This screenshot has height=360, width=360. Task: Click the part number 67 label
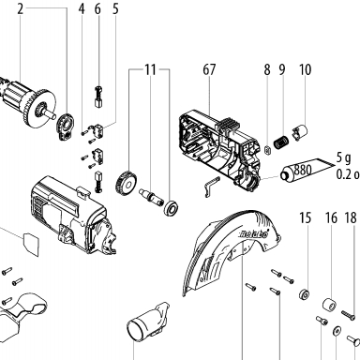click(209, 69)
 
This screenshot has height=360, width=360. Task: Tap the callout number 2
click(21, 9)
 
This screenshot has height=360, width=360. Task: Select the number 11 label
click(150, 69)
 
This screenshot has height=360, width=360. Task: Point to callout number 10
click(305, 69)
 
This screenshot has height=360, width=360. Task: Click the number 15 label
click(305, 217)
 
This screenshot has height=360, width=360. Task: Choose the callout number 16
click(331, 217)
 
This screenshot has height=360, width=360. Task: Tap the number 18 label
click(351, 217)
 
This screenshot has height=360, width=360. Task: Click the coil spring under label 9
click(281, 142)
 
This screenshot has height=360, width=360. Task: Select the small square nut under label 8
click(267, 150)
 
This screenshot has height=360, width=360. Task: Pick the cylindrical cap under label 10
click(300, 131)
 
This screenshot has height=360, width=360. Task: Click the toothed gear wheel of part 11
click(127, 183)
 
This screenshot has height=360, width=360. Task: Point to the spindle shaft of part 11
click(151, 197)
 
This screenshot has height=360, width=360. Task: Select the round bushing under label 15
click(304, 294)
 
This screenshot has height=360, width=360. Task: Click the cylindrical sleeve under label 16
click(330, 305)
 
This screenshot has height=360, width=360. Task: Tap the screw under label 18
click(349, 315)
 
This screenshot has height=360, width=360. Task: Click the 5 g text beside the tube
click(344, 158)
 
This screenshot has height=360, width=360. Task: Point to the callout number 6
click(97, 9)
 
